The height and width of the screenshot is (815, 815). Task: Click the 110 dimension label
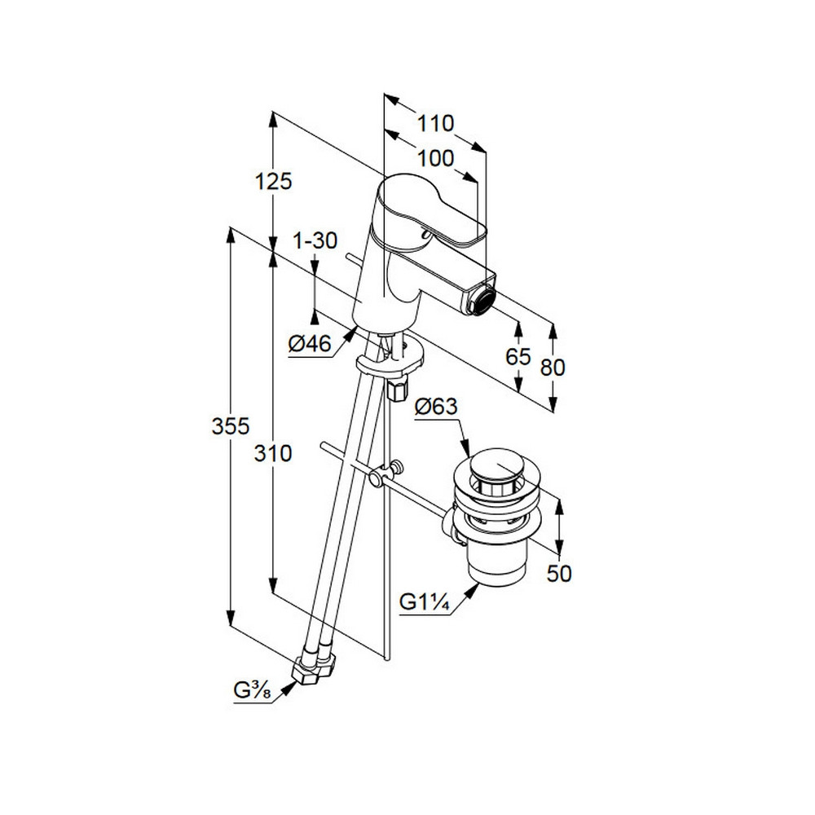[x=435, y=124]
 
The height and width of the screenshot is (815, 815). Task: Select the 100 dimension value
[x=435, y=159]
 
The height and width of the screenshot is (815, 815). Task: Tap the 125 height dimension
[x=273, y=182]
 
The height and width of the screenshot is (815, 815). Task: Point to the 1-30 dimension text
[x=315, y=240]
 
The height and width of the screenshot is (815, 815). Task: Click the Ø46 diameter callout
[x=311, y=344]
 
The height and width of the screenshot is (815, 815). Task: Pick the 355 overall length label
[x=231, y=426]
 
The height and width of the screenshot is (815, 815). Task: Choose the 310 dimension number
[x=273, y=454]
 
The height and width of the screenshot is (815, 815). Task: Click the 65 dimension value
[x=518, y=357]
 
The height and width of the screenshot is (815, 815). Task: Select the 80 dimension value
[x=553, y=368]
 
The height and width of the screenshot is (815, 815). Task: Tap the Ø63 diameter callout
[x=436, y=407]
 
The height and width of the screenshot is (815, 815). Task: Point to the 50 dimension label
[x=559, y=574]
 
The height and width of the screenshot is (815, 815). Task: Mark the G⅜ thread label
[x=252, y=690]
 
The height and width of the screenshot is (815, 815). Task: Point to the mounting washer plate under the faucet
[x=390, y=357]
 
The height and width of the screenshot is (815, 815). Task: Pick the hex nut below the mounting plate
[x=399, y=390]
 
